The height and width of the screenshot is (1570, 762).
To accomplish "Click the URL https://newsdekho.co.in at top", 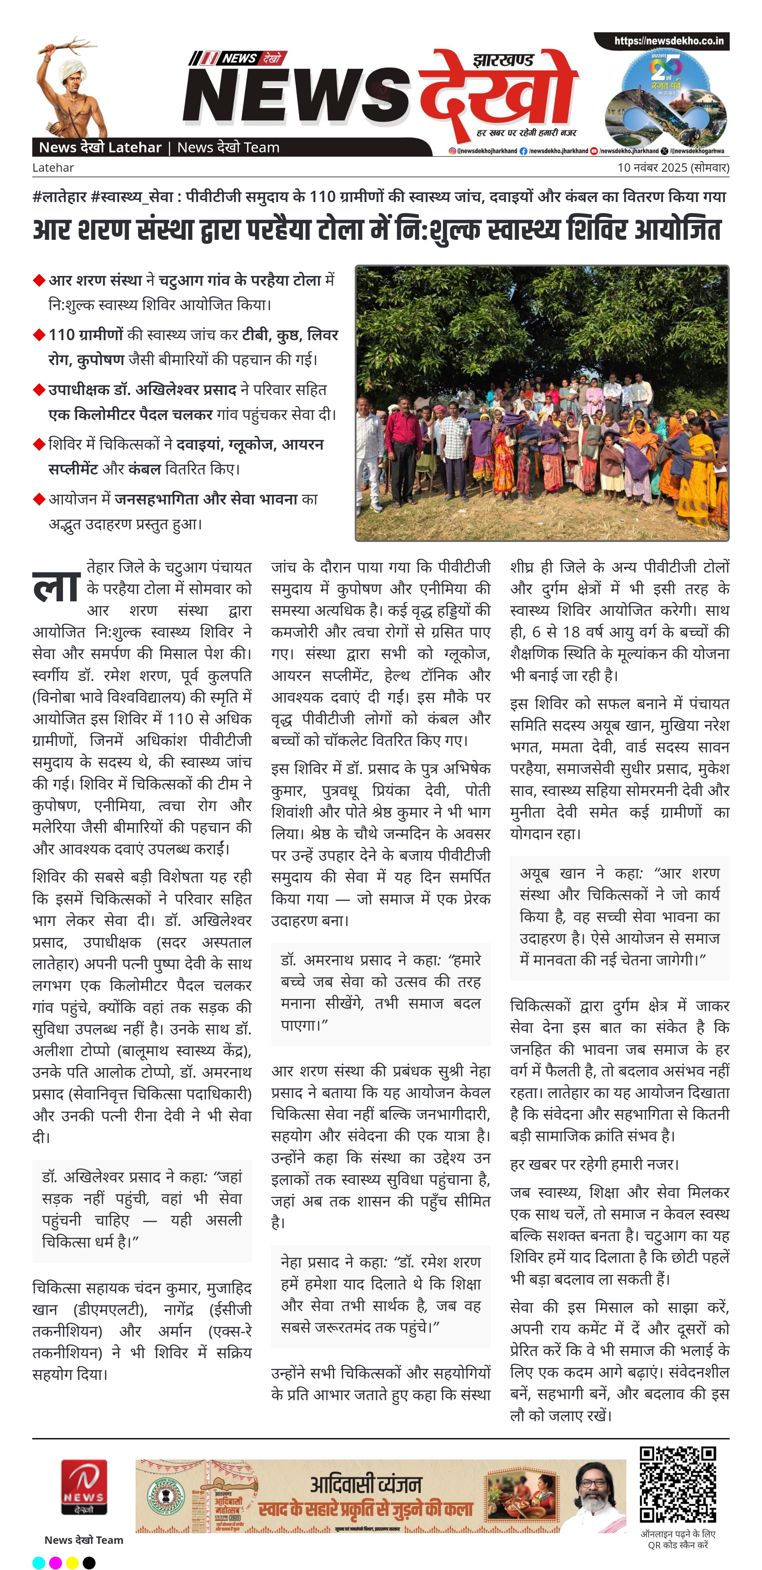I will click(x=669, y=41).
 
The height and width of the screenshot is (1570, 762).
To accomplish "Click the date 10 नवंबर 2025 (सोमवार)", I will click(x=673, y=168).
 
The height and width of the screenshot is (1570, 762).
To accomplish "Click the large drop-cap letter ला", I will click(x=56, y=587).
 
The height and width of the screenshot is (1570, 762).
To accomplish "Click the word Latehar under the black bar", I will click(x=53, y=168).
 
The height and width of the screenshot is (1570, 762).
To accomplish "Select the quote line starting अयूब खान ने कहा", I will click(x=619, y=873).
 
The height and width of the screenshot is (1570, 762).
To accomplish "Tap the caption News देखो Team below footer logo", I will click(x=84, y=1540).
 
